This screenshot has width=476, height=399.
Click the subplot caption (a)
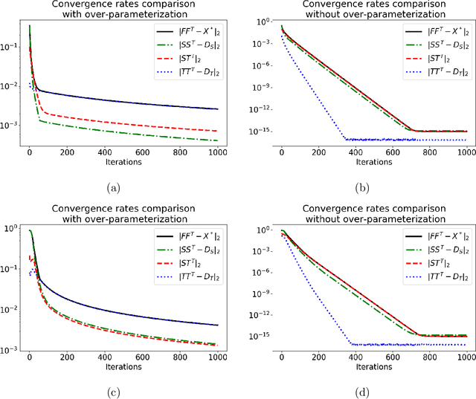113,189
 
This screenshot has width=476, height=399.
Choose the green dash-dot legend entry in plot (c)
186,249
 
